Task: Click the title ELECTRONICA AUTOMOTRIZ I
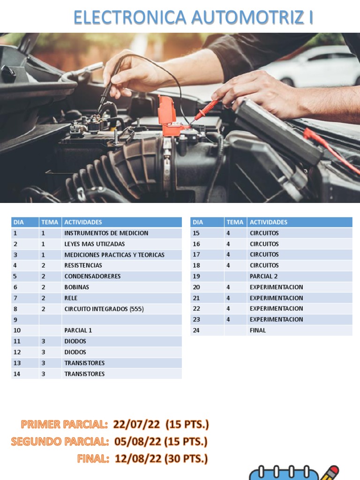coord(193,17)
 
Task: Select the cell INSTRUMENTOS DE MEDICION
coord(106,233)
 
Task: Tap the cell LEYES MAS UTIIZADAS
coord(94,244)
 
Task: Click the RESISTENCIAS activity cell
coord(83,265)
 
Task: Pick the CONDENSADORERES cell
coord(92,276)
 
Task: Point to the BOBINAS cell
coord(76,287)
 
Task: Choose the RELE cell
coord(71,298)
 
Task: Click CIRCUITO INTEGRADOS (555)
coord(104,308)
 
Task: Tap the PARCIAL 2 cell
coord(263,276)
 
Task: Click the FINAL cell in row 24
coord(257,330)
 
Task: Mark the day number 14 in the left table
coord(17,374)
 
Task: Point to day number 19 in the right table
coord(196,276)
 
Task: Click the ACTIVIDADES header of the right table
coord(268,222)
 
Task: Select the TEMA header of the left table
coord(50,222)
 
